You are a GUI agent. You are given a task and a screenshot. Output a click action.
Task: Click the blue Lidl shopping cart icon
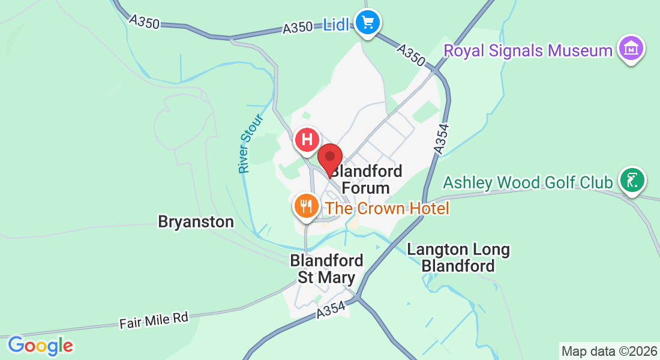[367, 23]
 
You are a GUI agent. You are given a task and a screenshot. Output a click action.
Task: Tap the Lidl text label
[336, 25]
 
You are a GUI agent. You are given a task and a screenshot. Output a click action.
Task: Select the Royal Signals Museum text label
[528, 50]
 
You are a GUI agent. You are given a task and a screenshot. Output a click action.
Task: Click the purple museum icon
[631, 49]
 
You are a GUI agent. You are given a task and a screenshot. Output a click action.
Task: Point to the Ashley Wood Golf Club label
[528, 182]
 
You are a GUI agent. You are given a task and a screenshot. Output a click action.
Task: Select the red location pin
[329, 159]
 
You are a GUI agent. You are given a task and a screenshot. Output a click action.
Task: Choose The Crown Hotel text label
[387, 208]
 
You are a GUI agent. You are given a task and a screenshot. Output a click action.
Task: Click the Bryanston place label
[196, 221]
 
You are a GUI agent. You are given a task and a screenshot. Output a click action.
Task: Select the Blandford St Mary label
[327, 269]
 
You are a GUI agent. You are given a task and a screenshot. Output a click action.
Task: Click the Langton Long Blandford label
[458, 257]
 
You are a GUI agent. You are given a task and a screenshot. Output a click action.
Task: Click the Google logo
[41, 346]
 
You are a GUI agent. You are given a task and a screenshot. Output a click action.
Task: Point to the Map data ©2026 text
[609, 351]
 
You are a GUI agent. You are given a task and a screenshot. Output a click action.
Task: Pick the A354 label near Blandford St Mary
[331, 310]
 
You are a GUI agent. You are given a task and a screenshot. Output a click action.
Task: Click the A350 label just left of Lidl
[298, 27]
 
